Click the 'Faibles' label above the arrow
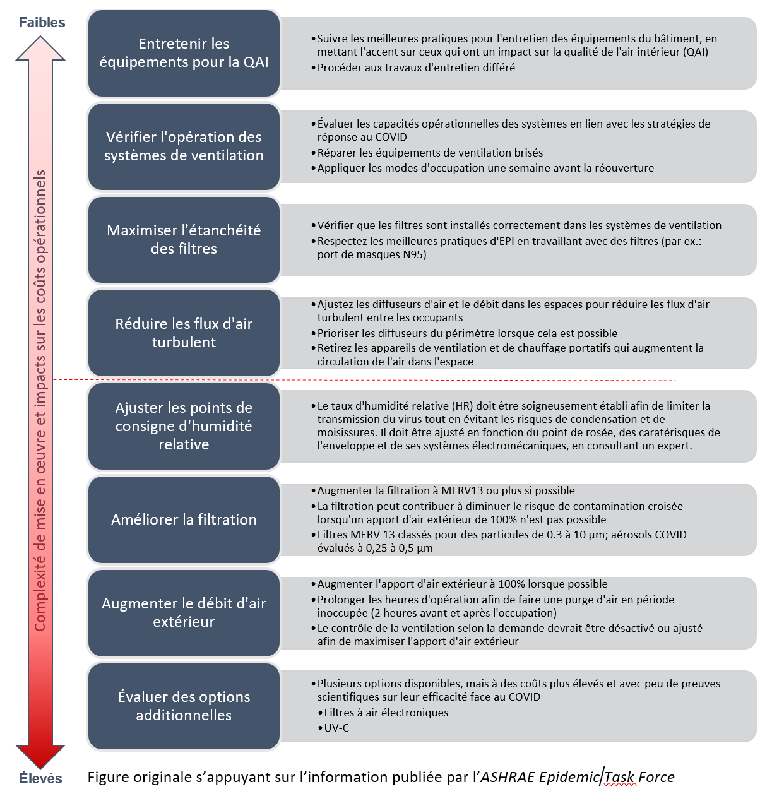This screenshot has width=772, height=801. tap(42, 22)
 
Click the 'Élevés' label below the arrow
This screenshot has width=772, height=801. tap(41, 778)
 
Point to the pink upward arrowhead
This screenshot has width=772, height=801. tap(40, 48)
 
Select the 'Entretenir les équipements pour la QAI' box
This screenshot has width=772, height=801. tap(184, 53)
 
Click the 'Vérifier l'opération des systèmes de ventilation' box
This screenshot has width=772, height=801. tap(184, 146)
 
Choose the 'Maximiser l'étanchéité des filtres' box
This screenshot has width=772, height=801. tap(184, 240)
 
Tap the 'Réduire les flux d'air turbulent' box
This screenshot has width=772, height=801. tap(184, 333)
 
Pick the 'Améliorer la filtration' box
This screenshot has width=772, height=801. tap(184, 519)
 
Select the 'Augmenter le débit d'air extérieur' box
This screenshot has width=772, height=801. tap(184, 613)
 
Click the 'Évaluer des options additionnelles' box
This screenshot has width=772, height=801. tap(184, 706)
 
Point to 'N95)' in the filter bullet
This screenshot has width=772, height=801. tap(415, 254)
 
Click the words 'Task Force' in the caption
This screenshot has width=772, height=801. tap(639, 777)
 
